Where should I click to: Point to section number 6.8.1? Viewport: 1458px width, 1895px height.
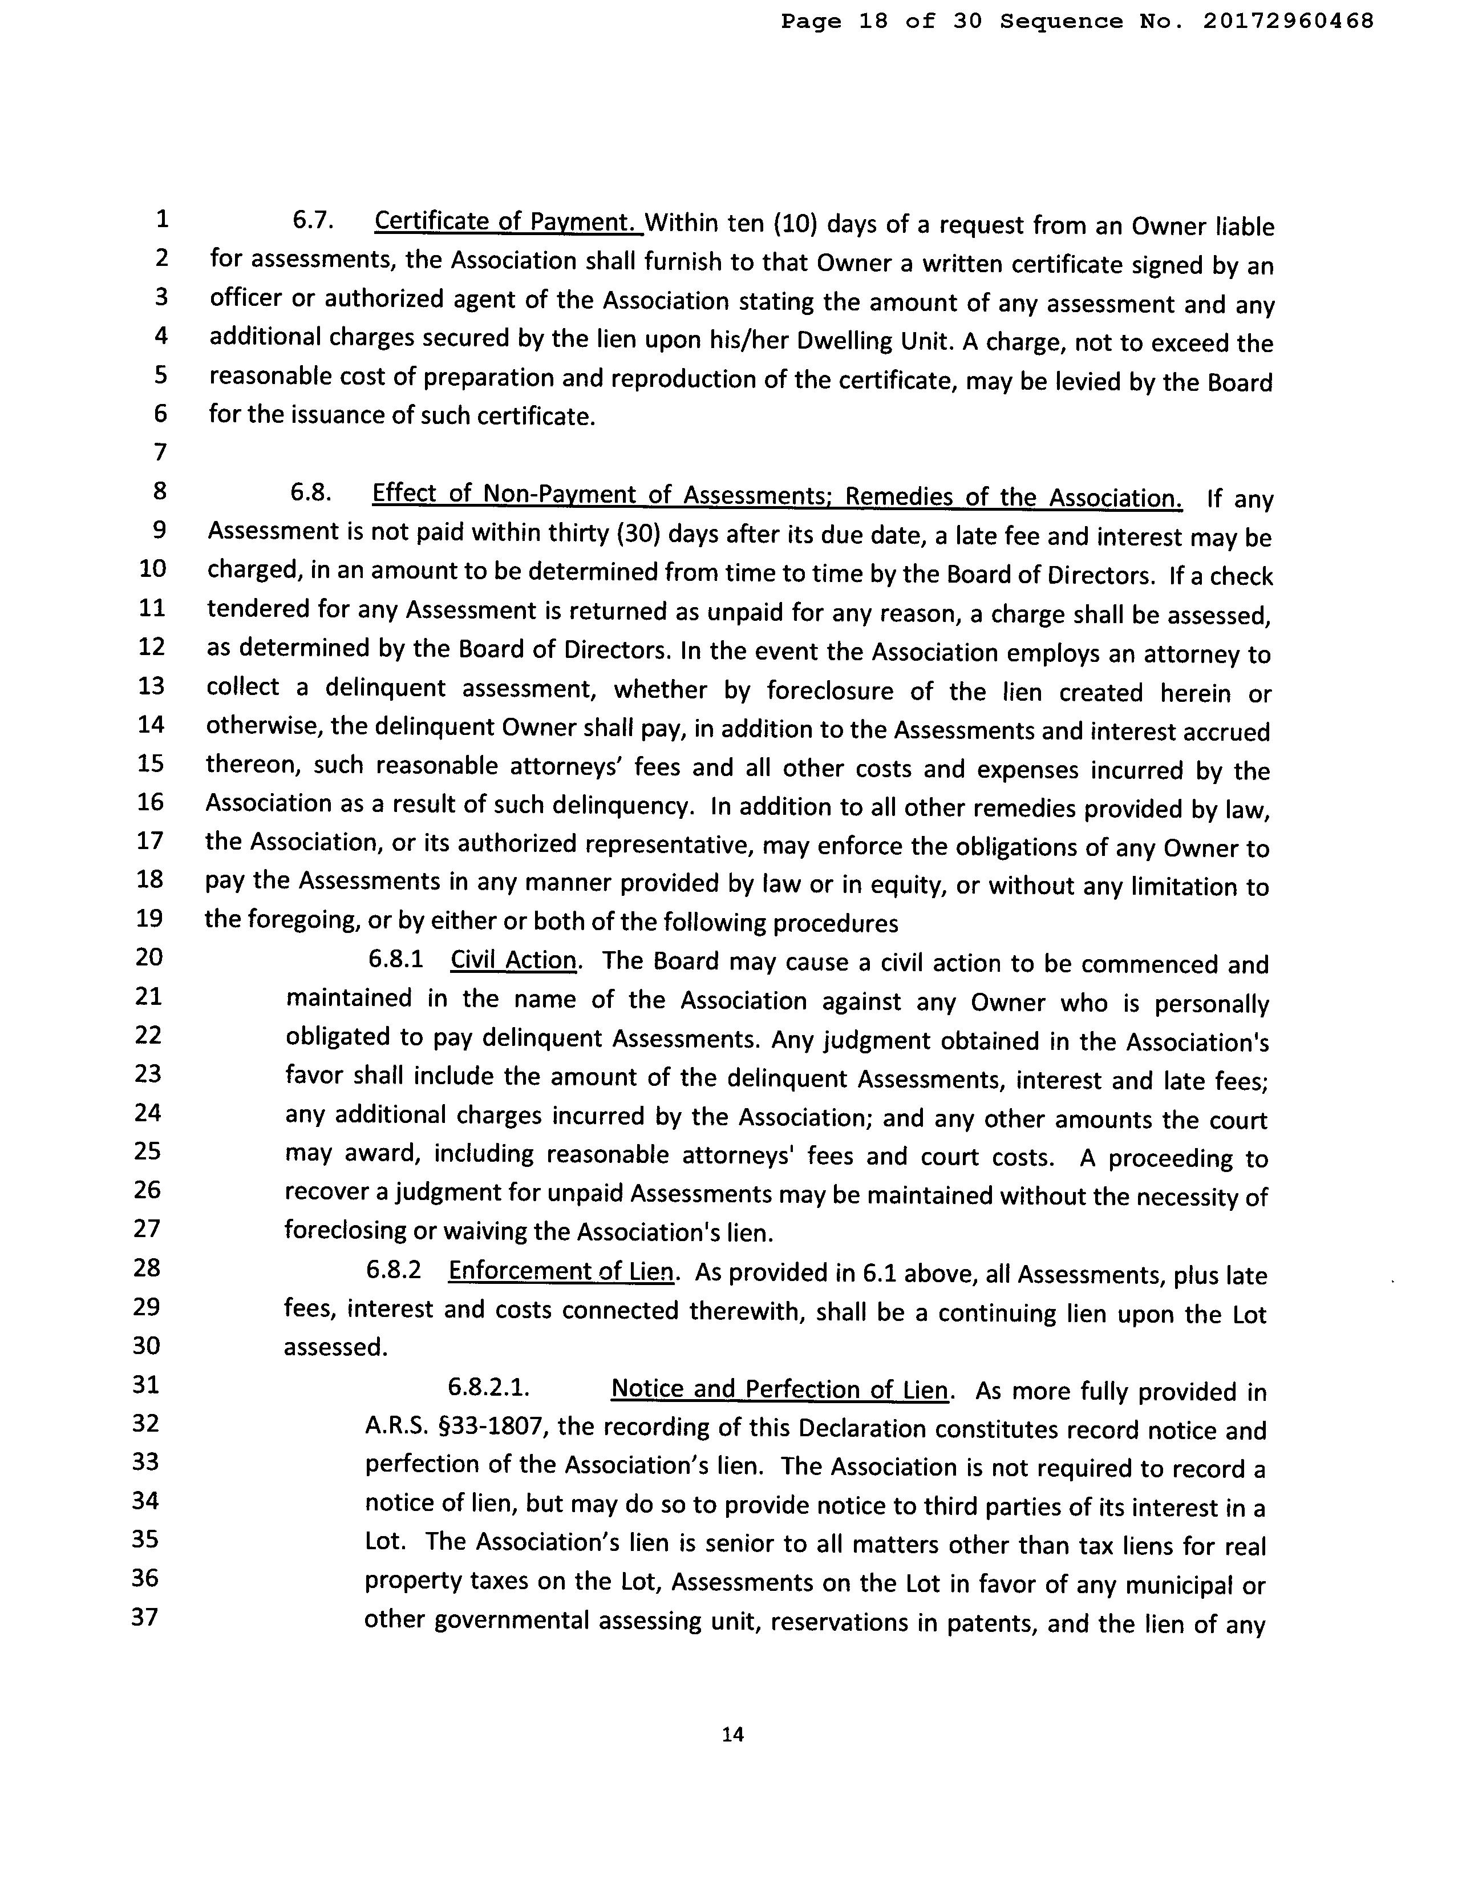pyautogui.click(x=395, y=959)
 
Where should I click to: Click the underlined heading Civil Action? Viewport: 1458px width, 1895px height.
pyautogui.click(x=513, y=960)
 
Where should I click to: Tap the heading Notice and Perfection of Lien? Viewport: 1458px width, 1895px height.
pyautogui.click(x=778, y=1389)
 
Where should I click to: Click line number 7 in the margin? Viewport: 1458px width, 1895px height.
pyautogui.click(x=160, y=452)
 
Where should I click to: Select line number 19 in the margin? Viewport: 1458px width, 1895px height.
pyautogui.click(x=150, y=918)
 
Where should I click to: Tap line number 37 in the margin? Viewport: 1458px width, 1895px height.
pyautogui.click(x=145, y=1617)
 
